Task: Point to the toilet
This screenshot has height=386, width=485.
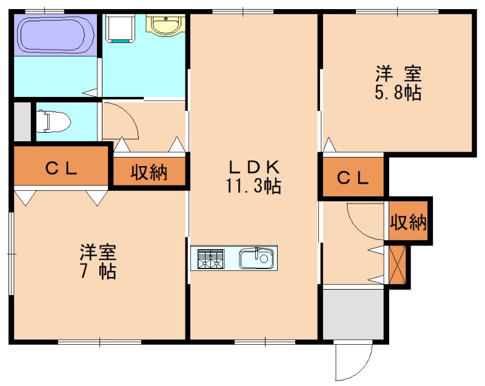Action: click(x=53, y=121)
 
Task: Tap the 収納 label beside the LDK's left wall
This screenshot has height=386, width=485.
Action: click(x=149, y=173)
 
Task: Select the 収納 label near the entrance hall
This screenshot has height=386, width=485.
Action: click(x=409, y=222)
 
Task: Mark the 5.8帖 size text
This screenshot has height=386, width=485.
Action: click(x=398, y=94)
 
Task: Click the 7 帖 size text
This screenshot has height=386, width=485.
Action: click(x=98, y=271)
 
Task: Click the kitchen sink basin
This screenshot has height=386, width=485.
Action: click(x=258, y=259)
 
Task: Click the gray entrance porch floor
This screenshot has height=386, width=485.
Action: click(x=353, y=314)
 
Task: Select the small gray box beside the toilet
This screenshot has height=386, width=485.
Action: click(x=22, y=122)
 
